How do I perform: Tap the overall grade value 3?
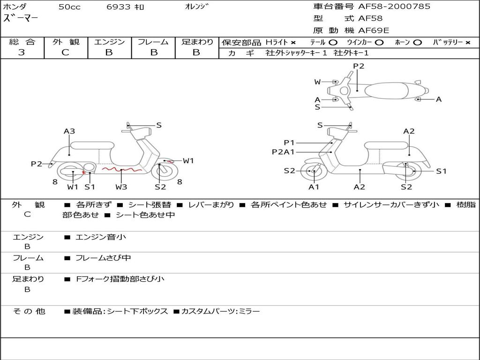[22, 52]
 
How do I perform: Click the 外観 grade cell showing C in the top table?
[66, 52]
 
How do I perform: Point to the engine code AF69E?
[374, 31]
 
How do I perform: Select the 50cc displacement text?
[69, 7]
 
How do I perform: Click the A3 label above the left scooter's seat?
[69, 131]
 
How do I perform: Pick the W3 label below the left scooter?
[121, 187]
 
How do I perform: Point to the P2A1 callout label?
[283, 152]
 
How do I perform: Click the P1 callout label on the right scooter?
[289, 142]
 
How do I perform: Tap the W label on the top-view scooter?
[317, 82]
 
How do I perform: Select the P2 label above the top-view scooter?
[359, 66]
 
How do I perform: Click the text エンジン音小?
[101, 237]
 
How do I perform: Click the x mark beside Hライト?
[293, 42]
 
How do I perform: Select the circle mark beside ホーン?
[418, 42]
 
